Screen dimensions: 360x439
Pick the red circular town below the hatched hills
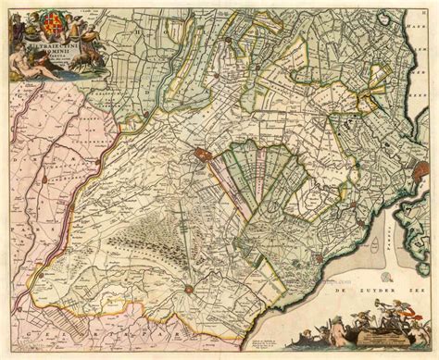(x=191, y=295)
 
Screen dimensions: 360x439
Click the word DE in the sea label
(x=323, y=293)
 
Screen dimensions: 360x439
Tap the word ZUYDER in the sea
(x=357, y=293)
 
